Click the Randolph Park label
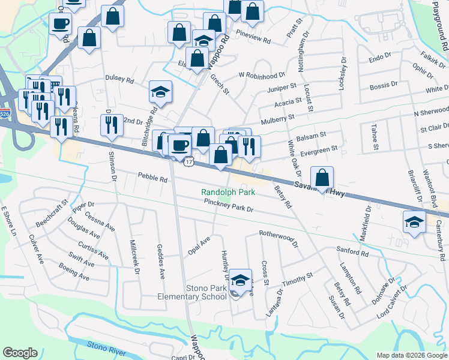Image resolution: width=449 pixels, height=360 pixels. click(x=228, y=193)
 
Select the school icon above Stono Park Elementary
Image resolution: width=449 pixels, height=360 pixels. click(x=240, y=280)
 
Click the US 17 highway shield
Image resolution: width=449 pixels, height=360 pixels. click(x=189, y=163)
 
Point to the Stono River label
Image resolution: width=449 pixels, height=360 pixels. click(x=106, y=346)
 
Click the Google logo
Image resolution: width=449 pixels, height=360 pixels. click(x=20, y=352)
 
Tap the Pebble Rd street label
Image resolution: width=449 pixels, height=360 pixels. click(x=152, y=178)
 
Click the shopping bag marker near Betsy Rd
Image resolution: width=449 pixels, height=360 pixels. click(x=323, y=178)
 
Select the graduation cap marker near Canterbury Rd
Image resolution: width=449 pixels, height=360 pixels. click(x=414, y=222)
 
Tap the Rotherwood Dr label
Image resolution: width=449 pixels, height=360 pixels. click(x=279, y=239)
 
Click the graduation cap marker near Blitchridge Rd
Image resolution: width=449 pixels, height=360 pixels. click(x=160, y=92)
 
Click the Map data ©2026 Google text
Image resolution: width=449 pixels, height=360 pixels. click(x=412, y=355)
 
